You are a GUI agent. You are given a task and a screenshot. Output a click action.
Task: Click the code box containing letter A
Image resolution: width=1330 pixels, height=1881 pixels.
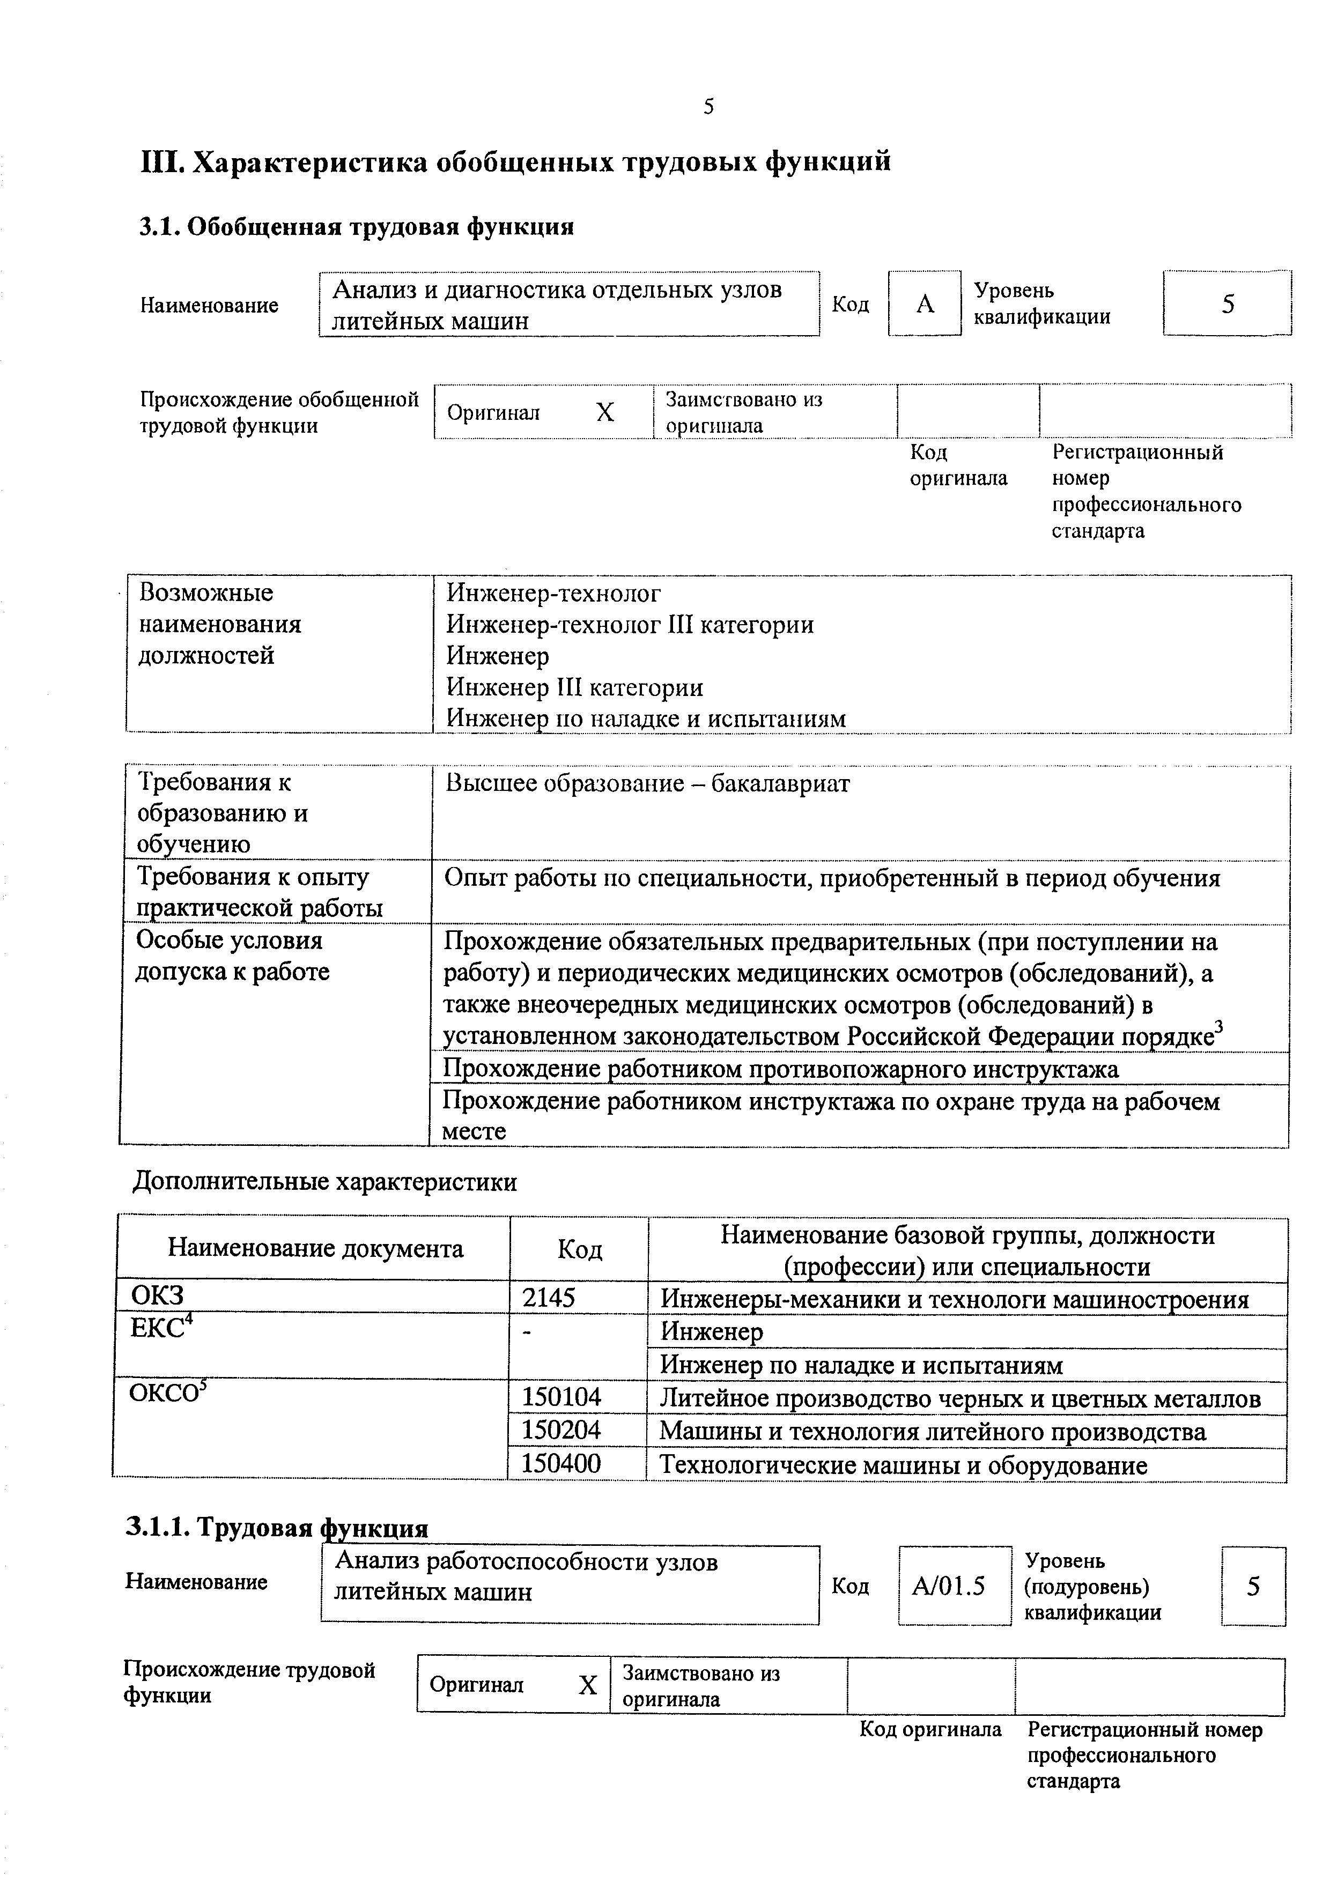point(925,304)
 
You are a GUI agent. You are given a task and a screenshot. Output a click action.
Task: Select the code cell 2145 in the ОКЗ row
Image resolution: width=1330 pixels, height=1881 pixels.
point(549,1298)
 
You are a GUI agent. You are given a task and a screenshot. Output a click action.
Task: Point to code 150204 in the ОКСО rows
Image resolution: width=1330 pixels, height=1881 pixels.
point(561,1431)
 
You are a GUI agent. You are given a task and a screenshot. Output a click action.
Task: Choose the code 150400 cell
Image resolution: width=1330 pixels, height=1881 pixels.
point(561,1464)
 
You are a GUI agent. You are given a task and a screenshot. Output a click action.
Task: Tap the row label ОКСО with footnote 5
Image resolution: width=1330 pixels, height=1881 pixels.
point(168,1394)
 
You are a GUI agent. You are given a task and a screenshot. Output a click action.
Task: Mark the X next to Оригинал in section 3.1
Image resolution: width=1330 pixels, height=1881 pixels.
point(605,412)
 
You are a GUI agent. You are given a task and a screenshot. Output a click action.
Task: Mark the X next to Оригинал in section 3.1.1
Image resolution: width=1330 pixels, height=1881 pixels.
point(588,1685)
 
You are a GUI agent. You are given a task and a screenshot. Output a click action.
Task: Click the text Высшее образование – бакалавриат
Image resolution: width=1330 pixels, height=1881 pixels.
point(647,784)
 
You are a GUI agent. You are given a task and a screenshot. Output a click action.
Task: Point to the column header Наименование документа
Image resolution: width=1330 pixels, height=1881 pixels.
point(315,1248)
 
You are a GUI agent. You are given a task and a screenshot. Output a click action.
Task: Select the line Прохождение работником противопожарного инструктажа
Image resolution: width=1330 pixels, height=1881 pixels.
point(780,1069)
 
